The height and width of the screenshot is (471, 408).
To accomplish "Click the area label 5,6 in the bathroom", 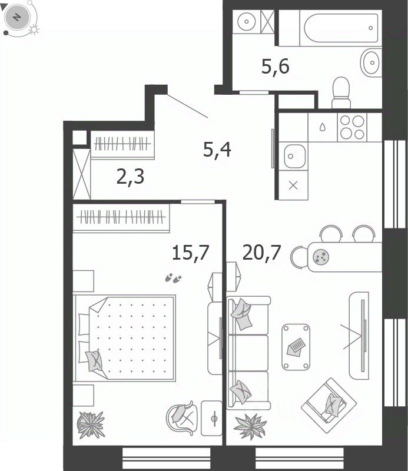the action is tap(275, 67).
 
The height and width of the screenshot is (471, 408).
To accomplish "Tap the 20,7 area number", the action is tap(261, 253).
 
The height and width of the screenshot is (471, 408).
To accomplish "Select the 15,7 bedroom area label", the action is tap(191, 253).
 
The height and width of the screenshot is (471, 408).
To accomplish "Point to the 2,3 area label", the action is tap(130, 177).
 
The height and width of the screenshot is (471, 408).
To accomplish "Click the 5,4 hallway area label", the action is tap(217, 150).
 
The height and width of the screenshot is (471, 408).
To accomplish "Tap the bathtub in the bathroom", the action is tap(341, 28).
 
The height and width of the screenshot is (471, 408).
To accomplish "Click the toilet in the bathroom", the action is tap(341, 92).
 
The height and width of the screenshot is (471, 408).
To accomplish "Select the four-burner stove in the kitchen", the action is tap(352, 127).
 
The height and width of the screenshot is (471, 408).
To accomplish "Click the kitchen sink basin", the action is tap(294, 156).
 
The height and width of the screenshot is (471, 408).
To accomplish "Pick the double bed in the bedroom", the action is tap(125, 338).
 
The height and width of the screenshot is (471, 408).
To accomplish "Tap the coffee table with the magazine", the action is tap(296, 347).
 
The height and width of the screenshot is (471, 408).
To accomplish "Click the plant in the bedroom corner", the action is tap(91, 424).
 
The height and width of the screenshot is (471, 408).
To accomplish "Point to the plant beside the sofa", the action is tap(250, 426).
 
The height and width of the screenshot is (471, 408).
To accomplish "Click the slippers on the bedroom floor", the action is tap(173, 278).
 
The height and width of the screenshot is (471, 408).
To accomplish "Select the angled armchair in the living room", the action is tap(329, 406).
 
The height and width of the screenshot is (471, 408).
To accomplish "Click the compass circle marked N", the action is tap(17, 18).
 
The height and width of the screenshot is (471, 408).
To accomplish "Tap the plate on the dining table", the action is tap(321, 257).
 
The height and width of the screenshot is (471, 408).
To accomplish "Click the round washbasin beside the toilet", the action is tap(371, 63).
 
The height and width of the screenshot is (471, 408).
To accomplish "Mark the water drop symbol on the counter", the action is tap(323, 127).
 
